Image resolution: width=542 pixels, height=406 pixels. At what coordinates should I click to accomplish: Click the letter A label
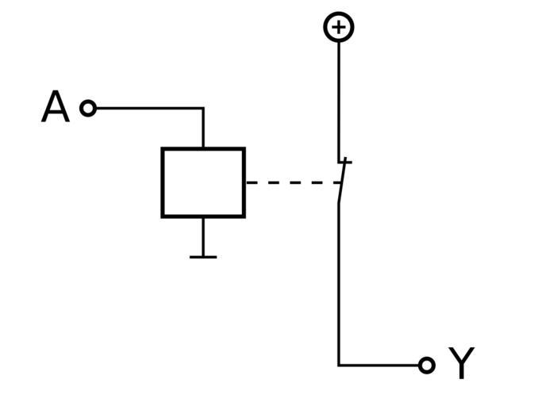pyautogui.click(x=55, y=108)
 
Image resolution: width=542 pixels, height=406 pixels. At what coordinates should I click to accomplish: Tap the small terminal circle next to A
pyautogui.click(x=88, y=108)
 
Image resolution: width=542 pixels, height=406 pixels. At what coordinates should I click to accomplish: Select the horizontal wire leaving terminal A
pyautogui.click(x=147, y=108)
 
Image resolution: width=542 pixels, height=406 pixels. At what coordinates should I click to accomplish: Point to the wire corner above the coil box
pyautogui.click(x=203, y=108)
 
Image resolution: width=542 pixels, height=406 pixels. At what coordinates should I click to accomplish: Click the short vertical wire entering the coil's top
pyautogui.click(x=203, y=128)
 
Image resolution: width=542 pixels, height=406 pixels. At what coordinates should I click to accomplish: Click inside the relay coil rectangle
pyautogui.click(x=203, y=182)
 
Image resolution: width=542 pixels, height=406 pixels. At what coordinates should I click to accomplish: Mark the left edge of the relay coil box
pyautogui.click(x=163, y=182)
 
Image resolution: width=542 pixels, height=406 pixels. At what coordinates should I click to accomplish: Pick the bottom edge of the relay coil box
pyautogui.click(x=203, y=215)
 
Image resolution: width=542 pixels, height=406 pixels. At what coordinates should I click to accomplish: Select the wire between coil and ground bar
pyautogui.click(x=203, y=236)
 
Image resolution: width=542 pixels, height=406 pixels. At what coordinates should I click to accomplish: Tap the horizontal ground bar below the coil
pyautogui.click(x=203, y=257)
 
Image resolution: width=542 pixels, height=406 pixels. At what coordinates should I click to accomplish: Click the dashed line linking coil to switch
pyautogui.click(x=290, y=182)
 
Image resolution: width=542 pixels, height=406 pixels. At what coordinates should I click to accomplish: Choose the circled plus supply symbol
pyautogui.click(x=339, y=28)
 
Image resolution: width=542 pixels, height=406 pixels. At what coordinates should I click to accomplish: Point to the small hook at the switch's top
pyautogui.click(x=344, y=162)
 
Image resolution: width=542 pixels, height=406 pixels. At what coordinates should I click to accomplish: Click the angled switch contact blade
pyautogui.click(x=343, y=181)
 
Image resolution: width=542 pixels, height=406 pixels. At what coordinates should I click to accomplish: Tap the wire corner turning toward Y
pyautogui.click(x=339, y=365)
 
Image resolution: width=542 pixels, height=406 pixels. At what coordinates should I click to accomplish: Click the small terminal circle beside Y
pyautogui.click(x=427, y=365)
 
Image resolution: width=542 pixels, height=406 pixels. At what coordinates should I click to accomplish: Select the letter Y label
pyautogui.click(x=461, y=364)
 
